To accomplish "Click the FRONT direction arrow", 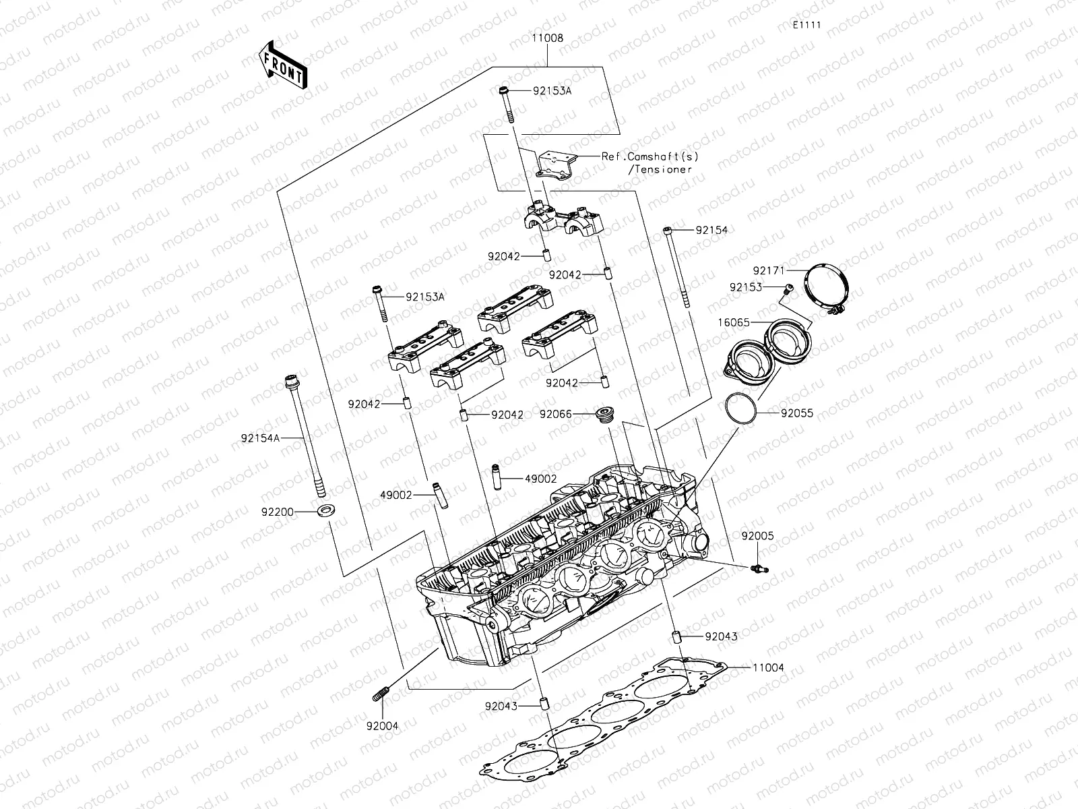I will [x=282, y=64].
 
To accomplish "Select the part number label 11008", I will [x=547, y=39].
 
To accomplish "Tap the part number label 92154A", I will [x=259, y=438].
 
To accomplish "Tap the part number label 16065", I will [x=733, y=323].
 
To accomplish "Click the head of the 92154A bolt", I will [x=292, y=381].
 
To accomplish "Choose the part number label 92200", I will [x=278, y=512].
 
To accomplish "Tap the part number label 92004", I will [x=382, y=726].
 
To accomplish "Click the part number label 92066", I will [x=555, y=414].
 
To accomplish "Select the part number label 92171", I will [x=769, y=270].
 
